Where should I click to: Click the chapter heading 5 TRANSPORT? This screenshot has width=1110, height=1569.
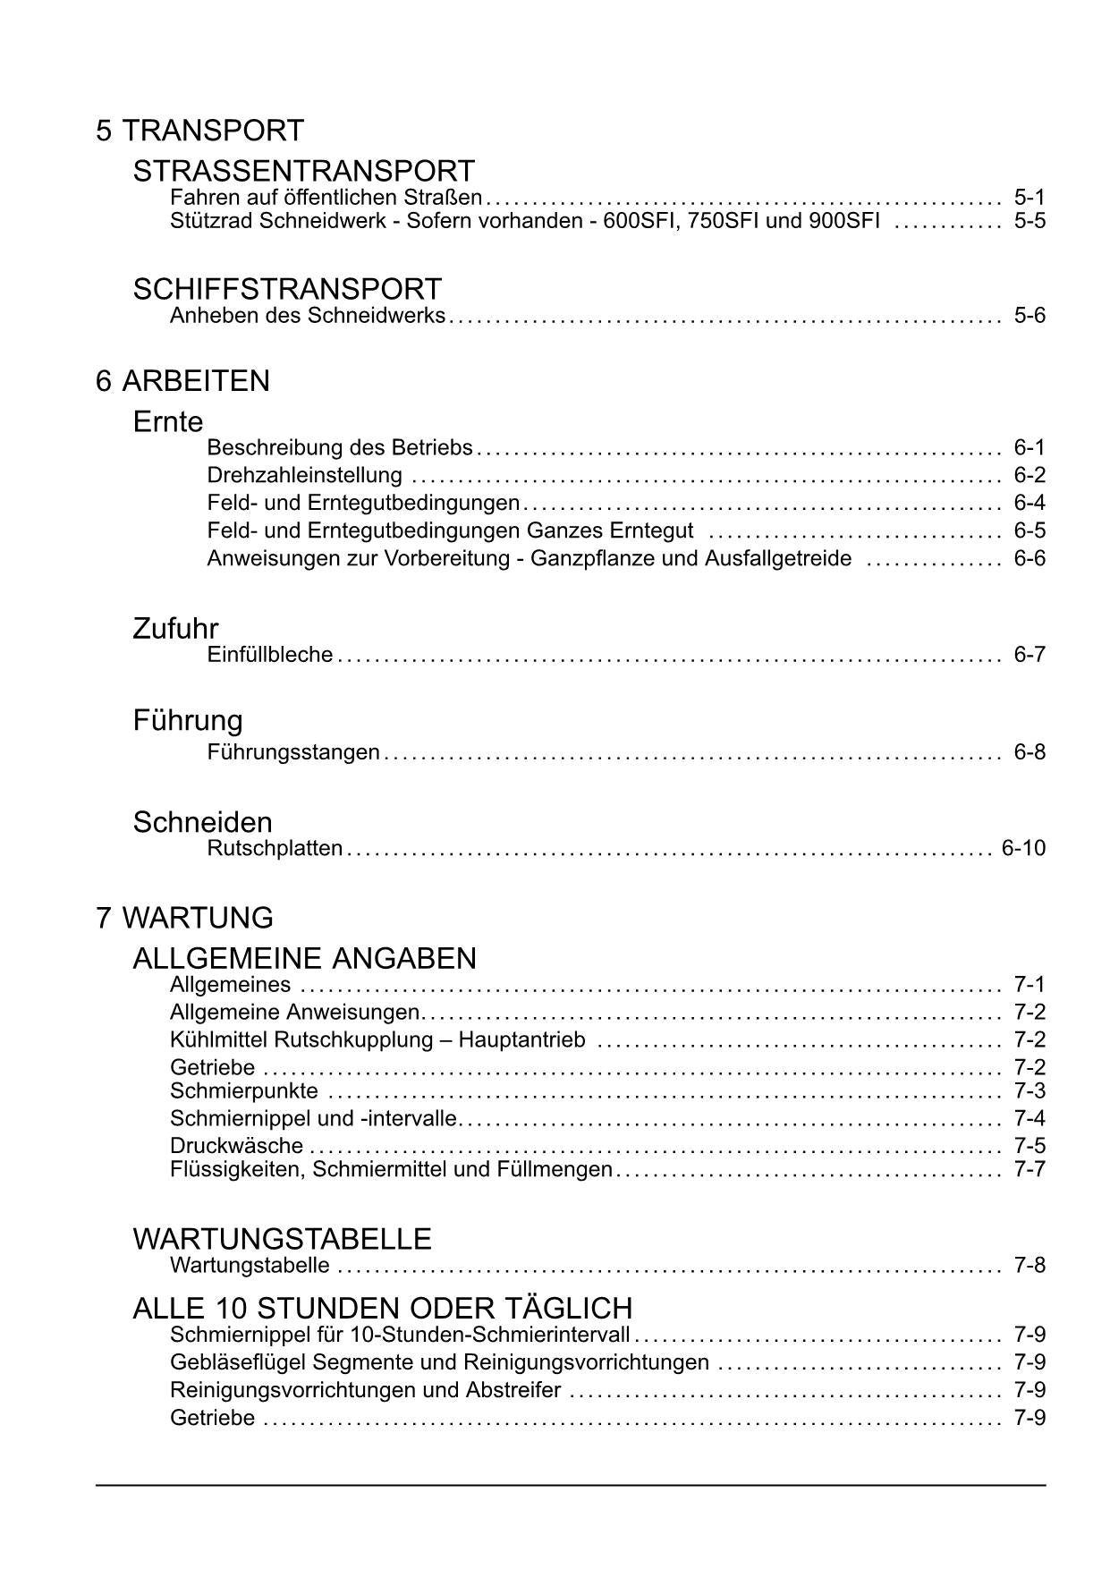(x=199, y=131)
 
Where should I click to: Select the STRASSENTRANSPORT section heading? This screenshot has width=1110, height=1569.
(x=303, y=171)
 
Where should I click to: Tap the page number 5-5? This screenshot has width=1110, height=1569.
(x=1029, y=220)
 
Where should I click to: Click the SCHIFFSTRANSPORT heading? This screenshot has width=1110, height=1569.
(x=287, y=289)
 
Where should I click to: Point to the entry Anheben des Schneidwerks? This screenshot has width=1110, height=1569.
(x=308, y=316)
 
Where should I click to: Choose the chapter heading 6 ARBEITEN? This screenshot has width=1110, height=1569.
(x=182, y=381)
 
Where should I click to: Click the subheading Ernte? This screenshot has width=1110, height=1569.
(x=168, y=421)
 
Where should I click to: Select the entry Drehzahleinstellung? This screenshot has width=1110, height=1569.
(x=304, y=475)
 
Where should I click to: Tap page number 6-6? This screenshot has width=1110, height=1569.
(x=1029, y=558)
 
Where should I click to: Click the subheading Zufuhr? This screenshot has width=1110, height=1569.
(x=175, y=629)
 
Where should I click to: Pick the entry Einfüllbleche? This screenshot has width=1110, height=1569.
(x=269, y=655)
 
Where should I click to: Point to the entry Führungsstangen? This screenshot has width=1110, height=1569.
(x=293, y=752)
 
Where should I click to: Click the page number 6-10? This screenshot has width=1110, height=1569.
(x=1022, y=848)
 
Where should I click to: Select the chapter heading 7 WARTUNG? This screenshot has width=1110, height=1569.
(x=184, y=918)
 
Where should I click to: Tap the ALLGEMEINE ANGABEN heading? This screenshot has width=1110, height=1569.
(x=304, y=959)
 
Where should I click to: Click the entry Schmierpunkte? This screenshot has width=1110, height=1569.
(x=243, y=1091)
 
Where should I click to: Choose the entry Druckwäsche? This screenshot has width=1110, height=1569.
(x=236, y=1146)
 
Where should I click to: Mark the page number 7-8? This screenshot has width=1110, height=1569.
(x=1029, y=1266)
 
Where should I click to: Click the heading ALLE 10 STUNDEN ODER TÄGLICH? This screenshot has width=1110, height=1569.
(x=382, y=1309)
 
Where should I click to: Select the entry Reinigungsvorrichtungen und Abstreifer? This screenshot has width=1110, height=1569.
(x=365, y=1391)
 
